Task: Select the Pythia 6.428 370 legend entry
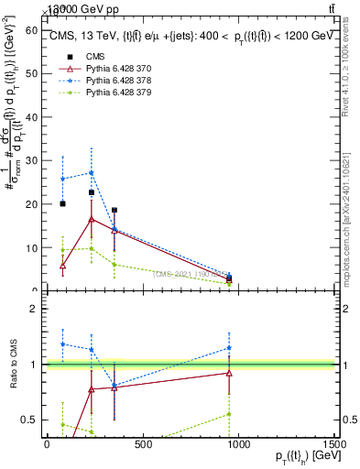100,69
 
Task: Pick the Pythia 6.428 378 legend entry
100,81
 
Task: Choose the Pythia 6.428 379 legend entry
100,93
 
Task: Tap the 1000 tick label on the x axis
238,445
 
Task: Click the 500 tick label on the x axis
142,445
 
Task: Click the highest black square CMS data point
92,192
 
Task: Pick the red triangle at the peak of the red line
92,219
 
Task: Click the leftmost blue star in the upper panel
62,179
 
